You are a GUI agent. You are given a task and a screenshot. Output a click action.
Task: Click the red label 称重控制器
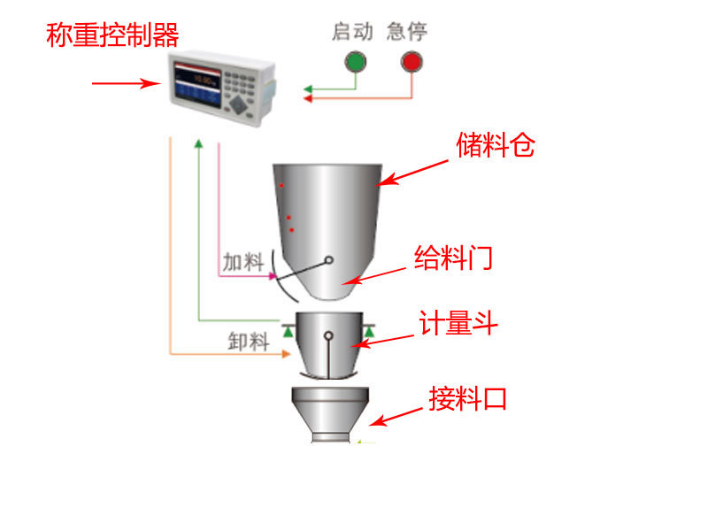(112, 35)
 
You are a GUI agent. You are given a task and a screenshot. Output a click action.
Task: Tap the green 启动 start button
(355, 62)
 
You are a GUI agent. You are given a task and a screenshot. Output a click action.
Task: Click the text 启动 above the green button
(352, 33)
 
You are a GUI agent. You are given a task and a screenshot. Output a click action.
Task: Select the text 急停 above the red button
(407, 33)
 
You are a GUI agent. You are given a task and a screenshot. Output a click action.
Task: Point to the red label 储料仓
(495, 145)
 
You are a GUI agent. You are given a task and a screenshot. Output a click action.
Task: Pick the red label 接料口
(468, 398)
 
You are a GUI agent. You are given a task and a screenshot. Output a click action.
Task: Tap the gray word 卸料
(248, 341)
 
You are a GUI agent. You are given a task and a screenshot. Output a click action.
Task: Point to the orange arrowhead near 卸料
(286, 355)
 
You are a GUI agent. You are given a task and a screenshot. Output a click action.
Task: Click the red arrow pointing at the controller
(124, 84)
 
